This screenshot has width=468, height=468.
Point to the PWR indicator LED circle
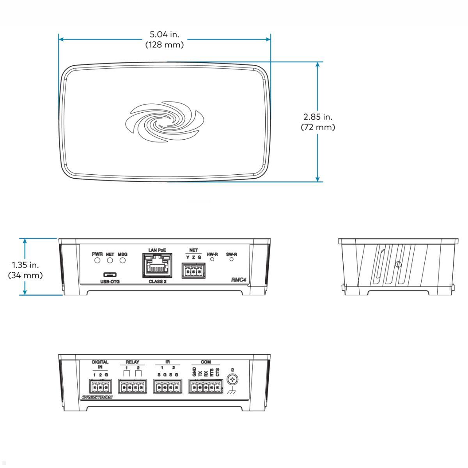pos(97,260)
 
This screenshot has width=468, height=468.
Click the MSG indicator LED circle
pos(122,260)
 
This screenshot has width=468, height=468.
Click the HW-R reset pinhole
pos(212,259)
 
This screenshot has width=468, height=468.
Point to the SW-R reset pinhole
pos(231,259)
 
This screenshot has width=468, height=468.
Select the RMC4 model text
pos(238,280)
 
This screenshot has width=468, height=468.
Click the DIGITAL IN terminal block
pos(100,387)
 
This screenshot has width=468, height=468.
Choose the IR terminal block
pos(168,387)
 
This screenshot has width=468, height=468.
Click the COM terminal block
pos(206,387)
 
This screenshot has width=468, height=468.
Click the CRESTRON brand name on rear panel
pos(97,397)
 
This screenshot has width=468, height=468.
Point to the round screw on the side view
pos(398,264)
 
